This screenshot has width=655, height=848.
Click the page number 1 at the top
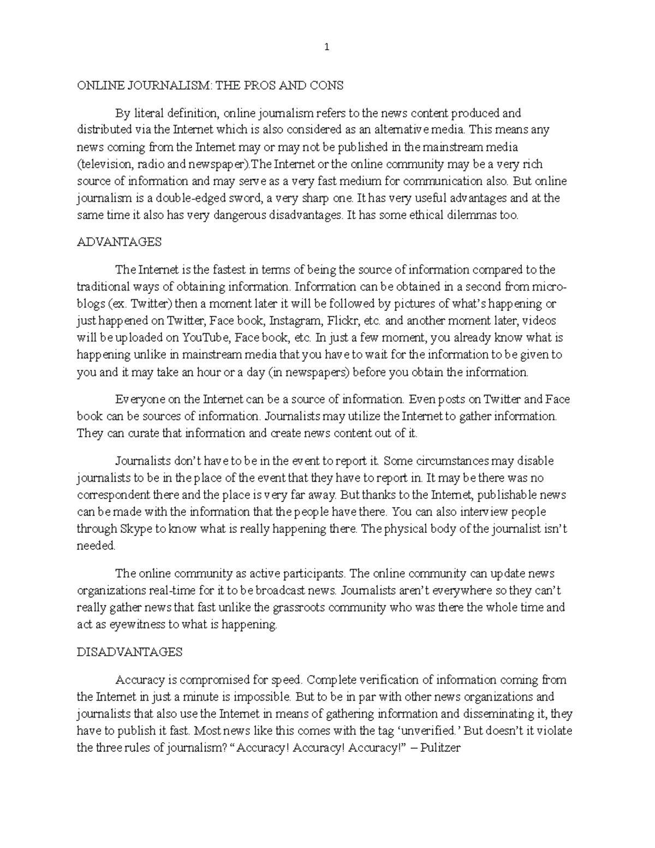pos(327,47)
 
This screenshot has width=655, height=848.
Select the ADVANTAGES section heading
pos(119,242)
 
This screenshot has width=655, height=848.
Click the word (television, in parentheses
pos(103,164)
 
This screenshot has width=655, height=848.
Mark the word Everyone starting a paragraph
pos(137,399)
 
